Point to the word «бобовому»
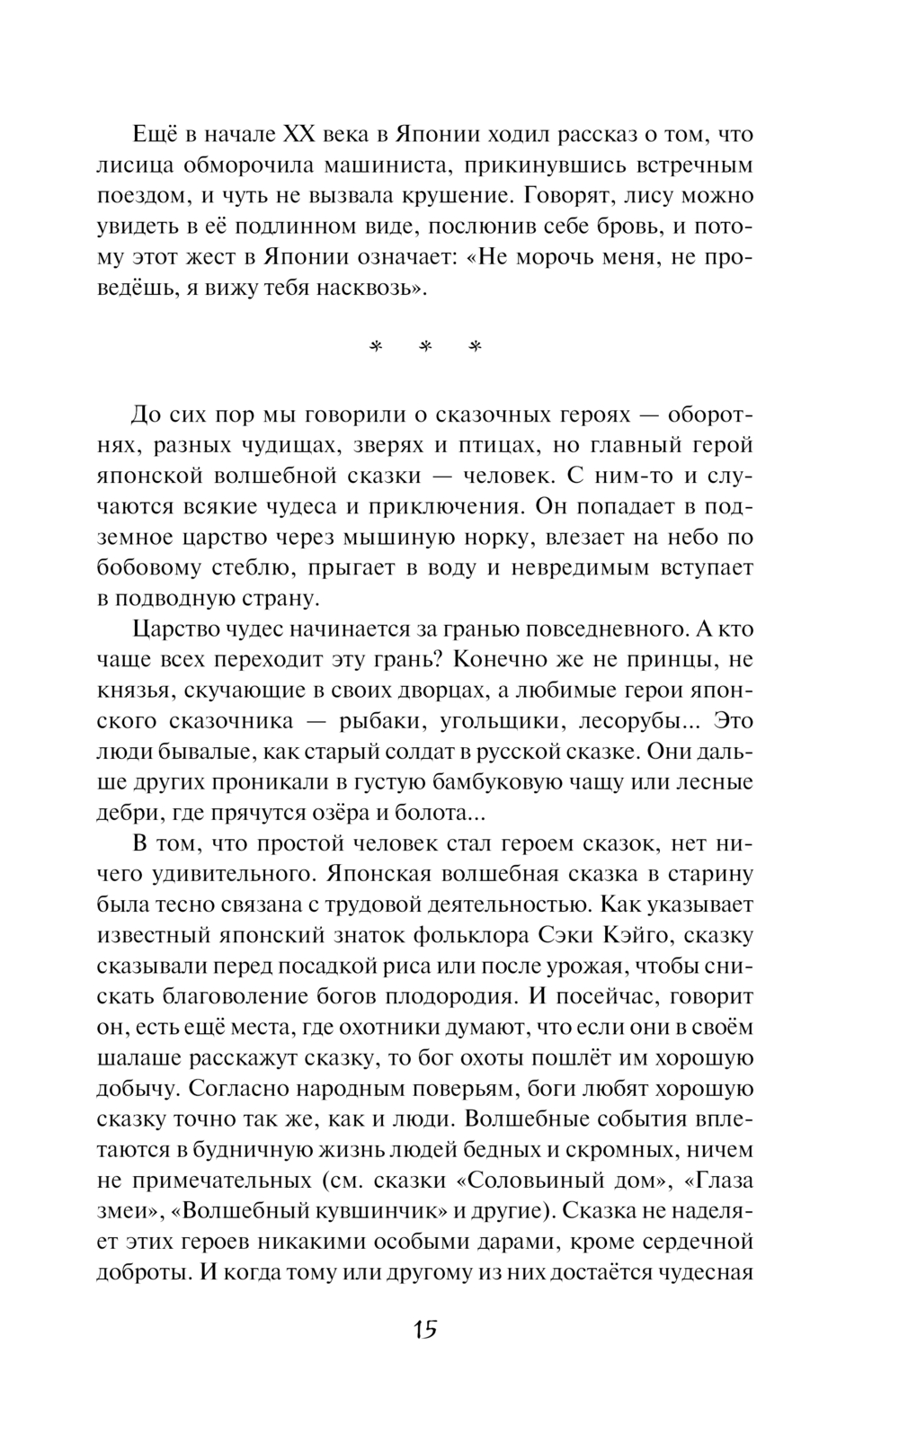(147, 568)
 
